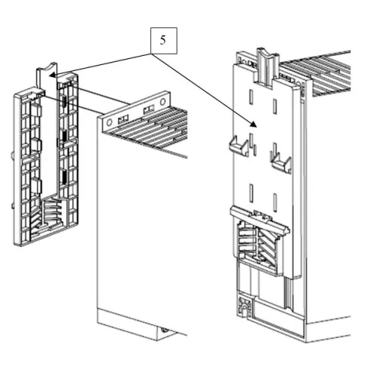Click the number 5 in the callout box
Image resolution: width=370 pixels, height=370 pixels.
pos(163,40)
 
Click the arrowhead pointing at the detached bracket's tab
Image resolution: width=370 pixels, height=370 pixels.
pos(52,75)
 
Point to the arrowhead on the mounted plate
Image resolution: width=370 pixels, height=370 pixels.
pos(253,124)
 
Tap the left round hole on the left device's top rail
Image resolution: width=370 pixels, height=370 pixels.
pos(109,122)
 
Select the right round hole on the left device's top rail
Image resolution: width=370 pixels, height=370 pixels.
pos(163,102)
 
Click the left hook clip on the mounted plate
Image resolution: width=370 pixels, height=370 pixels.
pos(239,145)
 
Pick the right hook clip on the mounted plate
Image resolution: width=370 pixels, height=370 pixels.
pos(281,162)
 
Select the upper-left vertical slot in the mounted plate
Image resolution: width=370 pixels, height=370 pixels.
pos(251,97)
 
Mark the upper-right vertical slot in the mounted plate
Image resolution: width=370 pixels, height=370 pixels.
pos(275,106)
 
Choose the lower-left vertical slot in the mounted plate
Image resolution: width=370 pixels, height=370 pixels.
pos(251,193)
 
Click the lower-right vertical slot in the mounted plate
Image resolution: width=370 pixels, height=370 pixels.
pos(275,202)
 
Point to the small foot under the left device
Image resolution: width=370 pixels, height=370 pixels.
pos(165,330)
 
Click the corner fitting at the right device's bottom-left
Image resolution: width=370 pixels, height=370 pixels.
pos(245,307)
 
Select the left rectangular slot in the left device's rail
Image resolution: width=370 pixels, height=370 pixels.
pos(123,118)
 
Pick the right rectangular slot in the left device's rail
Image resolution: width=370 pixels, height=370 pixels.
pos(149,109)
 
